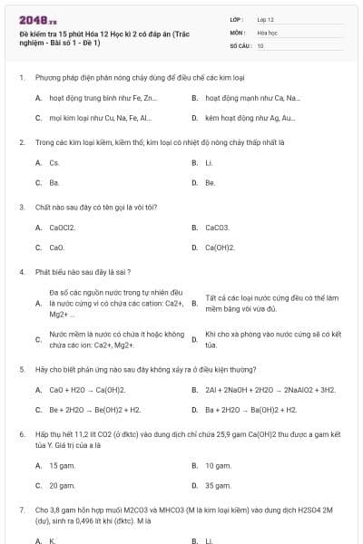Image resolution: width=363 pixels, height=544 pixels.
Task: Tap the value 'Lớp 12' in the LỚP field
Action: pos(267,18)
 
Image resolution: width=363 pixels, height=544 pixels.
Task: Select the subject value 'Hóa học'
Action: pos(267,32)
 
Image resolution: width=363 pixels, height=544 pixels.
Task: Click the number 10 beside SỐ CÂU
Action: pos(260,44)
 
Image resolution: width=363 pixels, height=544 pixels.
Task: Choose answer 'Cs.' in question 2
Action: pos(54,162)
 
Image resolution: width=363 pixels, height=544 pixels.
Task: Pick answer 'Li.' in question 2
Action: pos(209,162)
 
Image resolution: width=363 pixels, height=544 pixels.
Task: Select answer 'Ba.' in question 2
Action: pos(54,182)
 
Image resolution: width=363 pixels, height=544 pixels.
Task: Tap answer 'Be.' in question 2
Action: pos(210,182)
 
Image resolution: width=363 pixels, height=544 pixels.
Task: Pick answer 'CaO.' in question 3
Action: pos(56,247)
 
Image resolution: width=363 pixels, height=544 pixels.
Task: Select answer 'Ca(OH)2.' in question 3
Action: pos(220,247)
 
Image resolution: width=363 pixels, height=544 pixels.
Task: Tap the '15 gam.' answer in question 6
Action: pos(62,465)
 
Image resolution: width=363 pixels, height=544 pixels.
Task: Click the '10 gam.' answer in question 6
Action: pos(218,465)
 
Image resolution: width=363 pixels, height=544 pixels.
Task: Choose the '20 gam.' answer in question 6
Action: pos(62,485)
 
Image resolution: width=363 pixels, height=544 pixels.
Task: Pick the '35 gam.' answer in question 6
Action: pos(218,485)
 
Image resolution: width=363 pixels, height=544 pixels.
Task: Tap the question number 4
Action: pos(21,271)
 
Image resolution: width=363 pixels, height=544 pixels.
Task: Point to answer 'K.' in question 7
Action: pos(53,540)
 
